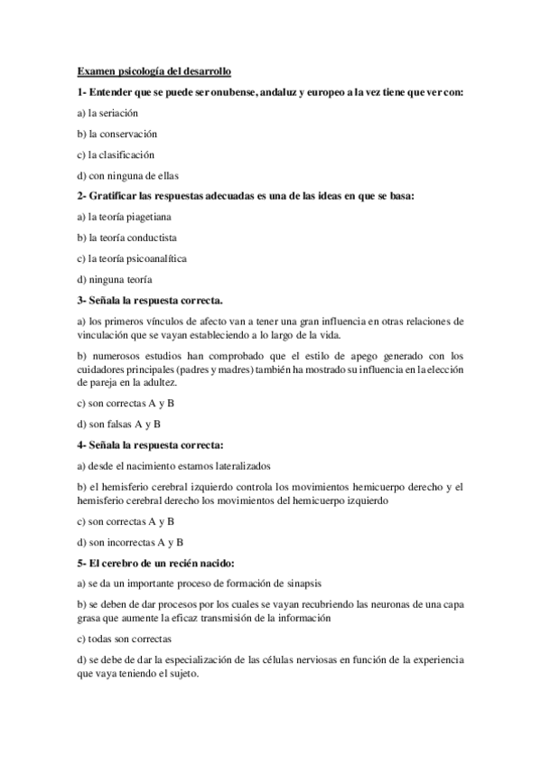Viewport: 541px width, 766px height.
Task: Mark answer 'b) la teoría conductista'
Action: [127, 238]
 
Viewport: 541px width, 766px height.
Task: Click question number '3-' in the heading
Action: [82, 301]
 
